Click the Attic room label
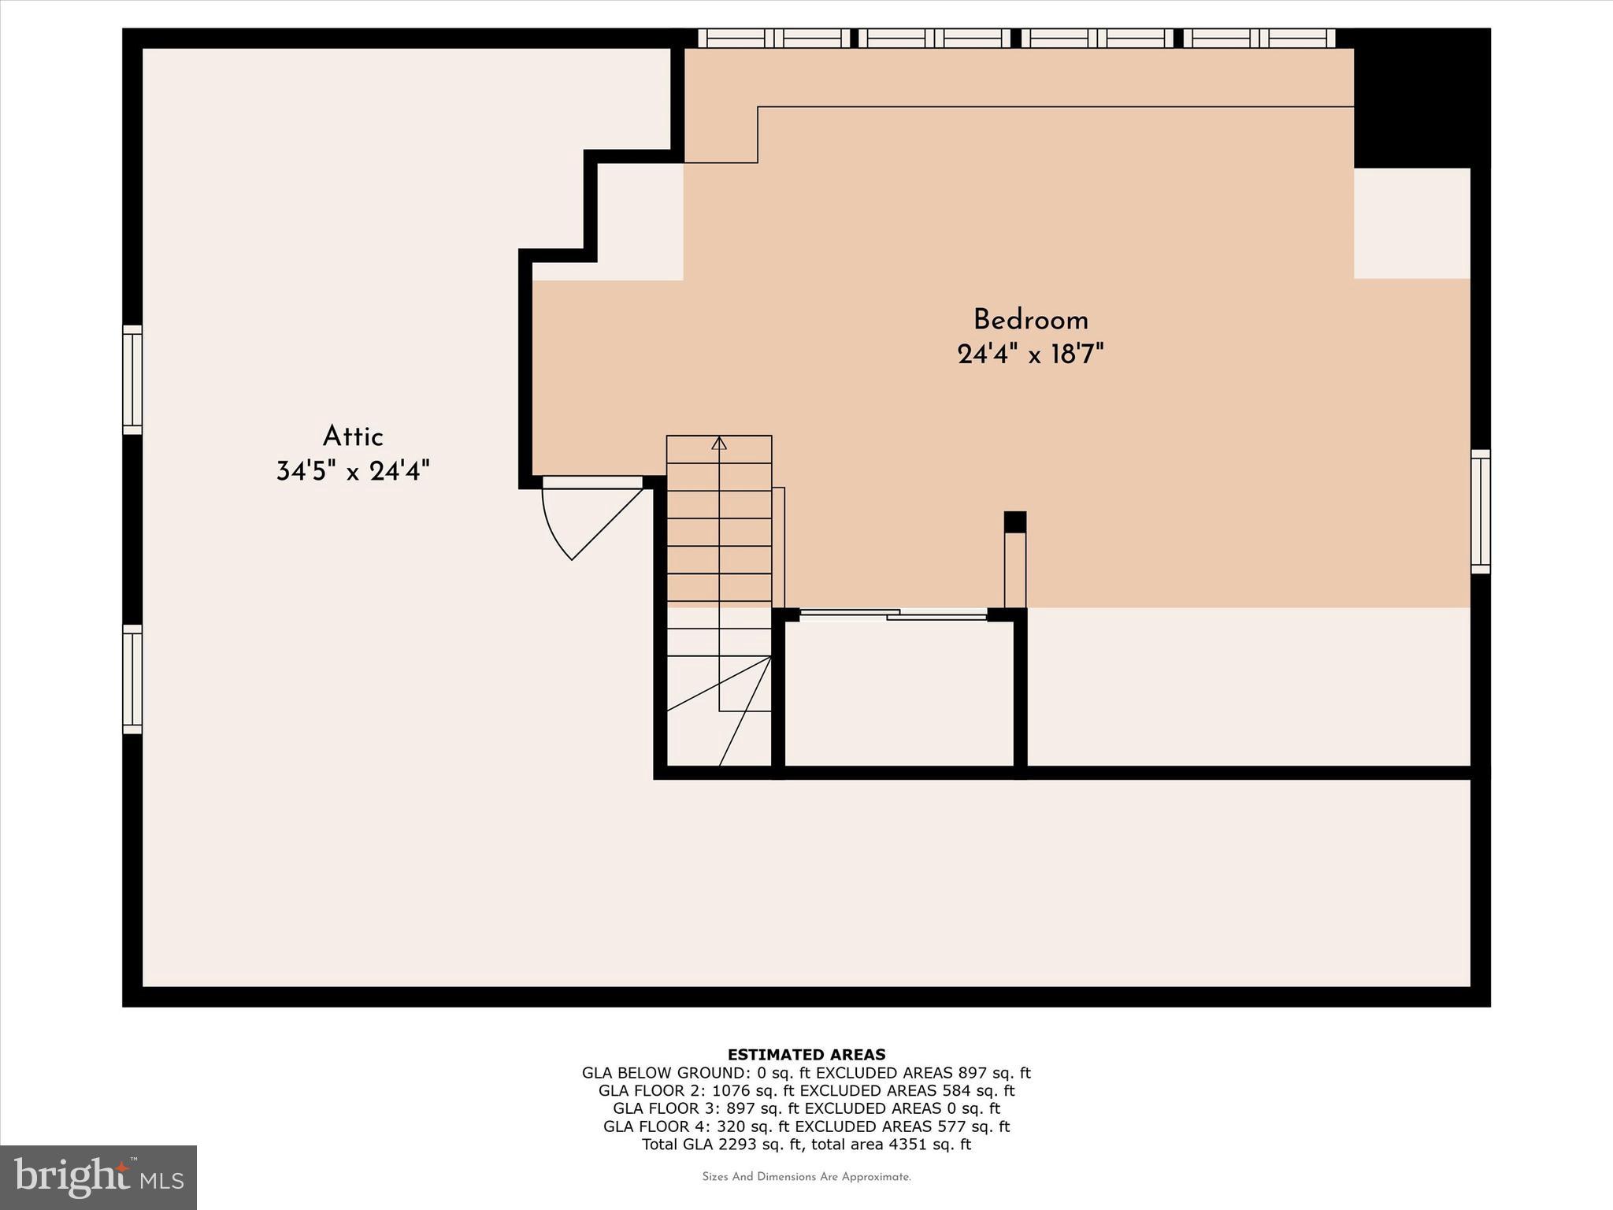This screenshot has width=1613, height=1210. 353,436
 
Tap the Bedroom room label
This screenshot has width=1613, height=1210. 1030,320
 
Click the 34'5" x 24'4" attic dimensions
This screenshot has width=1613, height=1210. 353,471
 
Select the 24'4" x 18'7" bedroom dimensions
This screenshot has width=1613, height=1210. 1030,354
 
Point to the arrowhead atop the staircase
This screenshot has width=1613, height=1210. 718,444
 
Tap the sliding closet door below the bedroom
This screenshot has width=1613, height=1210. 893,614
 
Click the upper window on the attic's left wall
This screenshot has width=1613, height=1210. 132,380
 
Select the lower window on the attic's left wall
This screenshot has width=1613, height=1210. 132,679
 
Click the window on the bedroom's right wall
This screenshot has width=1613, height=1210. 1481,511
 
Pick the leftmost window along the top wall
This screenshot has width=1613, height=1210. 773,38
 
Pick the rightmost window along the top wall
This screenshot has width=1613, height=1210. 1259,38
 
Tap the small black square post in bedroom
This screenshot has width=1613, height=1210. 1015,521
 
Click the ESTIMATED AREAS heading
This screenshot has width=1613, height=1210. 806,1054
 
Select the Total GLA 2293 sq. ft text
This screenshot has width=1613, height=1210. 806,1145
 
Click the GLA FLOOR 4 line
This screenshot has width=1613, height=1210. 806,1126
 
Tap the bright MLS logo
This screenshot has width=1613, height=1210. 98,1177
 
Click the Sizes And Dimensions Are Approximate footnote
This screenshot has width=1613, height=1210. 806,1177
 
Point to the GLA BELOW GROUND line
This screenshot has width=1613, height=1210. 806,1072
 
